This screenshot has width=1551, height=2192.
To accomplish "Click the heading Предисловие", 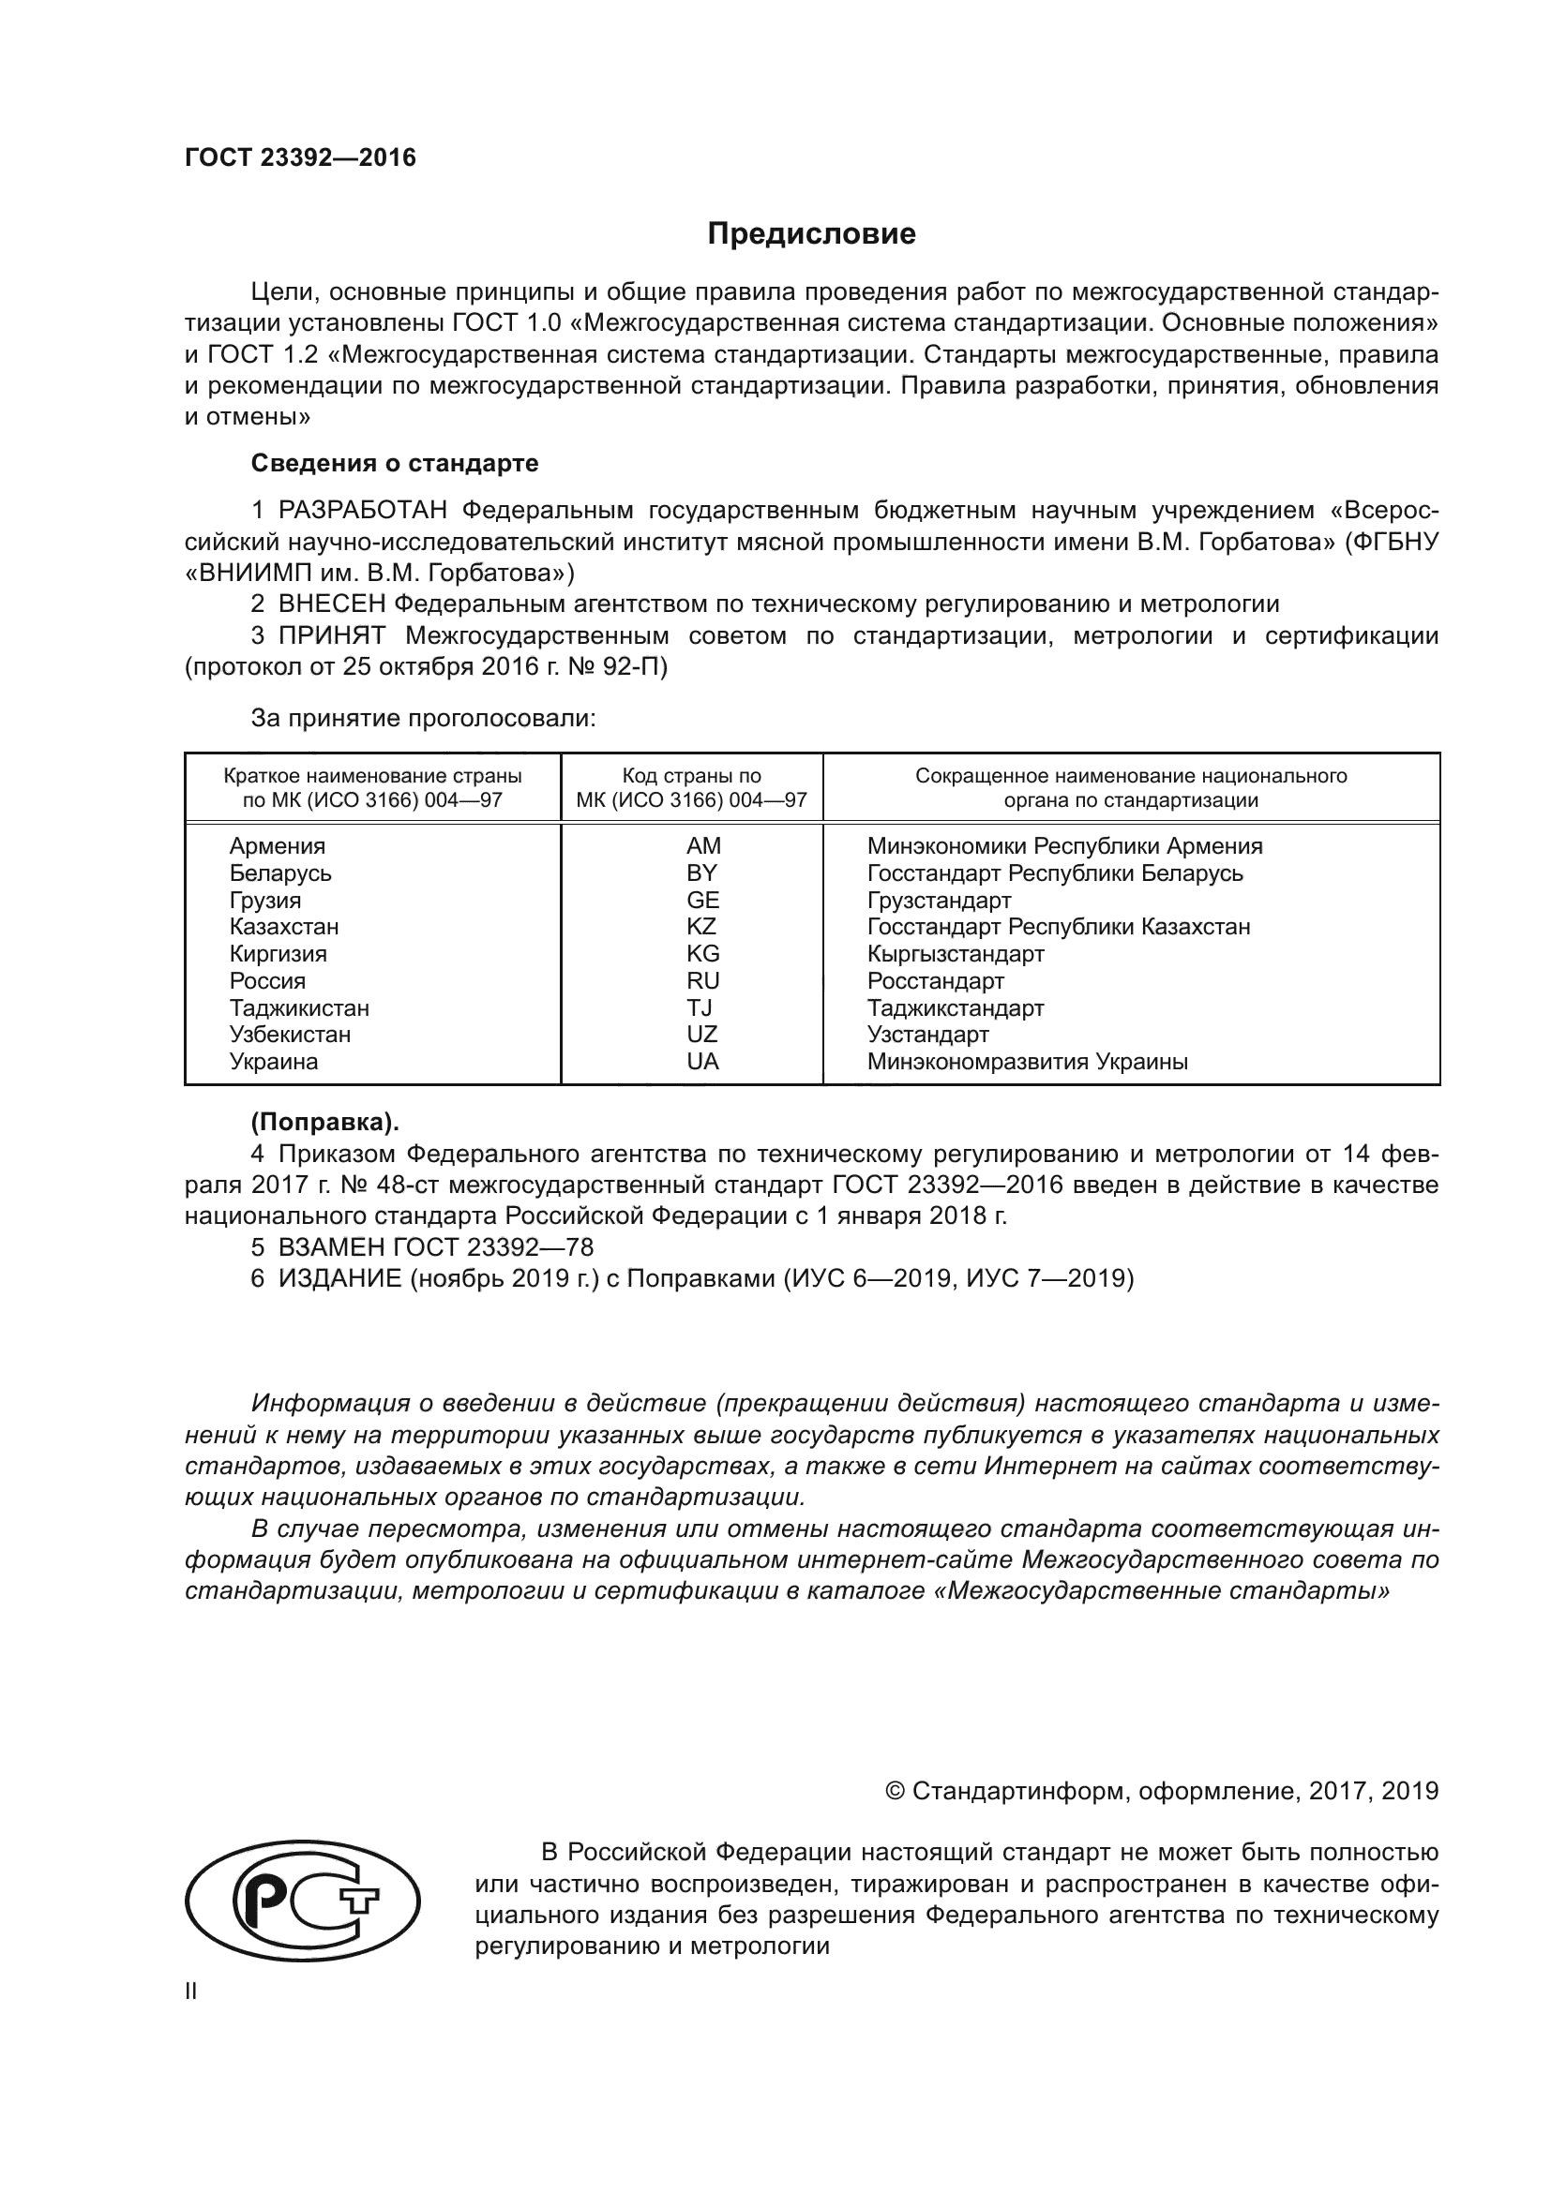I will [x=811, y=234].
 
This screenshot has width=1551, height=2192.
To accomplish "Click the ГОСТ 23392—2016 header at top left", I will [x=300, y=158].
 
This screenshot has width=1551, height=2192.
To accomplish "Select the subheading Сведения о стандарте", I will [x=395, y=463].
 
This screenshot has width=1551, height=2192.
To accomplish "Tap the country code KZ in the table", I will [x=701, y=926].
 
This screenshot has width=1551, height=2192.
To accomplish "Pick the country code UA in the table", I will [x=702, y=1061].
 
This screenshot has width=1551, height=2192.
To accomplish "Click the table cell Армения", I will [x=277, y=846].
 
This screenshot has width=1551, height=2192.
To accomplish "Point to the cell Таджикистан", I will [x=299, y=1007].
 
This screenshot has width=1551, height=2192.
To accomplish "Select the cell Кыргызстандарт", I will [x=955, y=954].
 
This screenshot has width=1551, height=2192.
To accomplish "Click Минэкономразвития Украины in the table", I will [x=1027, y=1061].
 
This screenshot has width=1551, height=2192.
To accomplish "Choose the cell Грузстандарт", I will [x=939, y=901].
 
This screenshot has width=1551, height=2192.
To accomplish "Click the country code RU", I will [x=702, y=980].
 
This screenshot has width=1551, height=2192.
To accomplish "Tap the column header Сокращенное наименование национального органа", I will [x=1131, y=787].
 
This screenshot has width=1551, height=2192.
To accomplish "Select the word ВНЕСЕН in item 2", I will [x=332, y=604].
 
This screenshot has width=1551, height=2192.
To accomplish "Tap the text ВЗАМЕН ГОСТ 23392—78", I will [x=435, y=1246].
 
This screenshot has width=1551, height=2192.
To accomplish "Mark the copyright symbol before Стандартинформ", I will [x=895, y=1791].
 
